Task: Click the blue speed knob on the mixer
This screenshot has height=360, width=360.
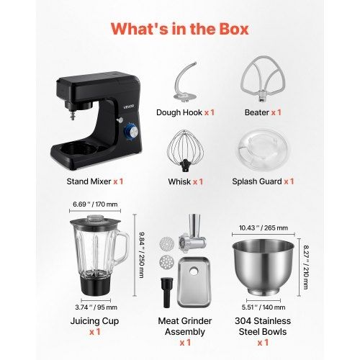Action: tap(131, 131)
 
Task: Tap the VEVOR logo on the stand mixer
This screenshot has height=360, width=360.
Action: tap(129, 107)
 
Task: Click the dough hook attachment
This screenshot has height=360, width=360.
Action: tap(185, 82)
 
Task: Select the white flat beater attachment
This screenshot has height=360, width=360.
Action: tap(264, 79)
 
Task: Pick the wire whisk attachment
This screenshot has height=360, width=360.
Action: tap(185, 150)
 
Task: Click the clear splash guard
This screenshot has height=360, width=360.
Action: tap(263, 150)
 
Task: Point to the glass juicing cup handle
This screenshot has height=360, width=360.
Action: tap(123, 248)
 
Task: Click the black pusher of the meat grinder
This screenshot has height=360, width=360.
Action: tap(166, 292)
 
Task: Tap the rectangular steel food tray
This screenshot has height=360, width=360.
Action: tap(194, 282)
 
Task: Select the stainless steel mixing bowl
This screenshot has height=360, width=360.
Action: tap(263, 267)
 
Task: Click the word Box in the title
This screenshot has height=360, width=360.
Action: tap(233, 29)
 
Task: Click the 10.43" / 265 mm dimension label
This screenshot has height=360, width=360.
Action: tap(264, 228)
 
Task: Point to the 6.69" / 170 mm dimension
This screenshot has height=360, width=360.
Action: tap(95, 204)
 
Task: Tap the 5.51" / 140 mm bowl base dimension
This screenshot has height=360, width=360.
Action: tap(264, 307)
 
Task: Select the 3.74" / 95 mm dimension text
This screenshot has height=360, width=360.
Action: tap(96, 307)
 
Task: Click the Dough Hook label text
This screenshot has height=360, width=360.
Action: tap(179, 112)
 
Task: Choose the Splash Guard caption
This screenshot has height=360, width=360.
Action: tap(257, 181)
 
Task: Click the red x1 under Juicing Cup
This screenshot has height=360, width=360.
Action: tap(95, 332)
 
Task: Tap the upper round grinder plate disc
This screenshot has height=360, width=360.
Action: tap(166, 243)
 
